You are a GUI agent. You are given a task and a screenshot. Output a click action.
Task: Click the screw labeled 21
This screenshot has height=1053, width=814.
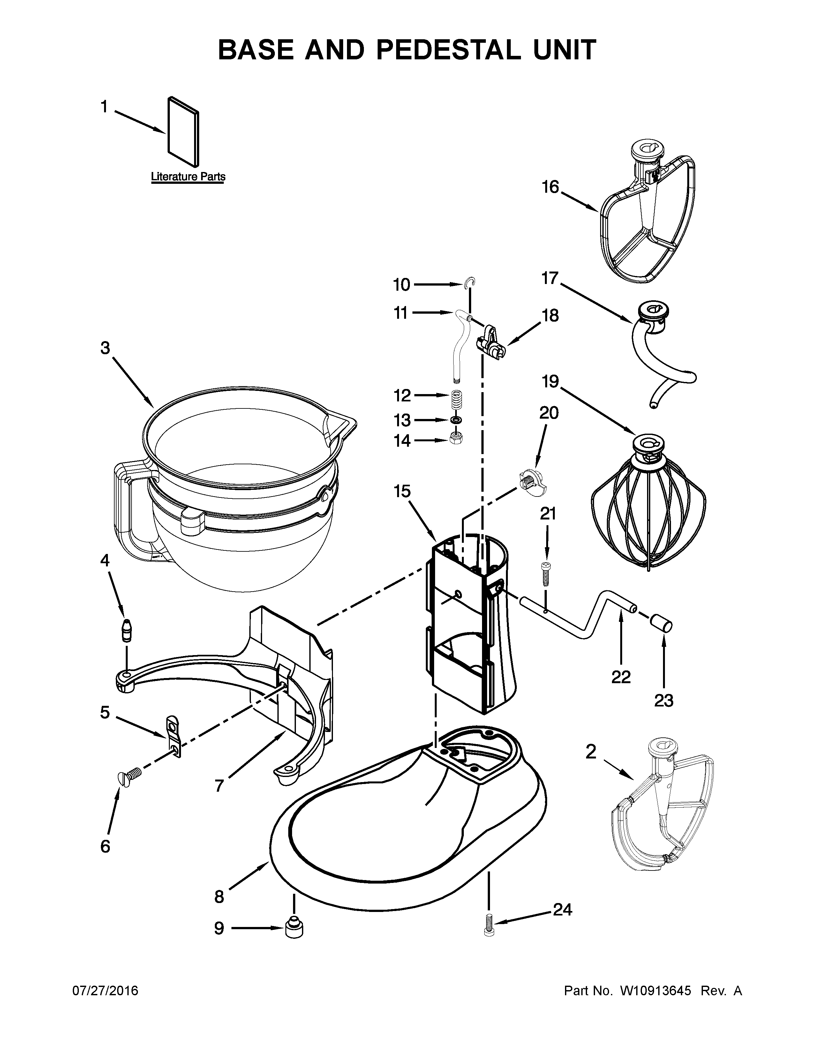546,574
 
